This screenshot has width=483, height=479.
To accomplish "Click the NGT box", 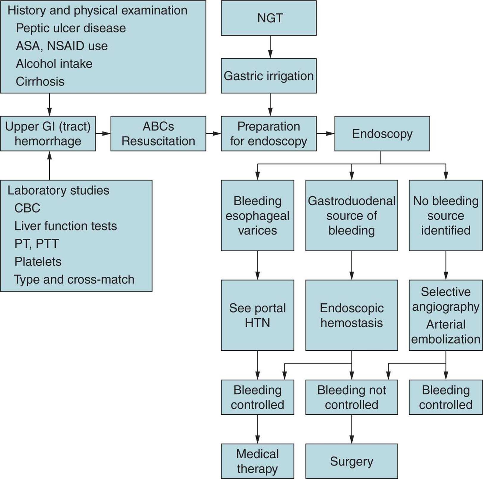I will pos(268,18).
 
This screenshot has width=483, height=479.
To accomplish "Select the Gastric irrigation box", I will pos(268,76).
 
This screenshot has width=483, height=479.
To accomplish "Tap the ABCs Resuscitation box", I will pos(158,134).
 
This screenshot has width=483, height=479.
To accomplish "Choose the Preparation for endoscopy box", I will pos(268,134).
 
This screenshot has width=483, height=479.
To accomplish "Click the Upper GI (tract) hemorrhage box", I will pos(48,134).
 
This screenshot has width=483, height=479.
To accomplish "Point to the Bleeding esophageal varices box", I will pos(257,215).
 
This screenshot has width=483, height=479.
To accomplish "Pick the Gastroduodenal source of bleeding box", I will pos(351,215).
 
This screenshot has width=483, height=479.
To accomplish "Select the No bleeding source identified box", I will pos(446,215).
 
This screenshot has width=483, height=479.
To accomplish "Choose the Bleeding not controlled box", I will pos(351,397).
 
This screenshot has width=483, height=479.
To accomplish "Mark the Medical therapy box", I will pos(257,461).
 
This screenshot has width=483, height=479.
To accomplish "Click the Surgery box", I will pos(351,461).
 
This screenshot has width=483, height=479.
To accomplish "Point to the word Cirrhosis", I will pos(40,82).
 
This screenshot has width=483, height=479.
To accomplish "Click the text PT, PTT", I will pos(36,244).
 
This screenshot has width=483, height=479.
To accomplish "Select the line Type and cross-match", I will pos(74,280).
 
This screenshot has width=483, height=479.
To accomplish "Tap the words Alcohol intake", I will pos(54,64).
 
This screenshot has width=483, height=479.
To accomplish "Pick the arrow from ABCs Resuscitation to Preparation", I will pos(213,134).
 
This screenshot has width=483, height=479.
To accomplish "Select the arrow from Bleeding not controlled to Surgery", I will pos(352,429).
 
